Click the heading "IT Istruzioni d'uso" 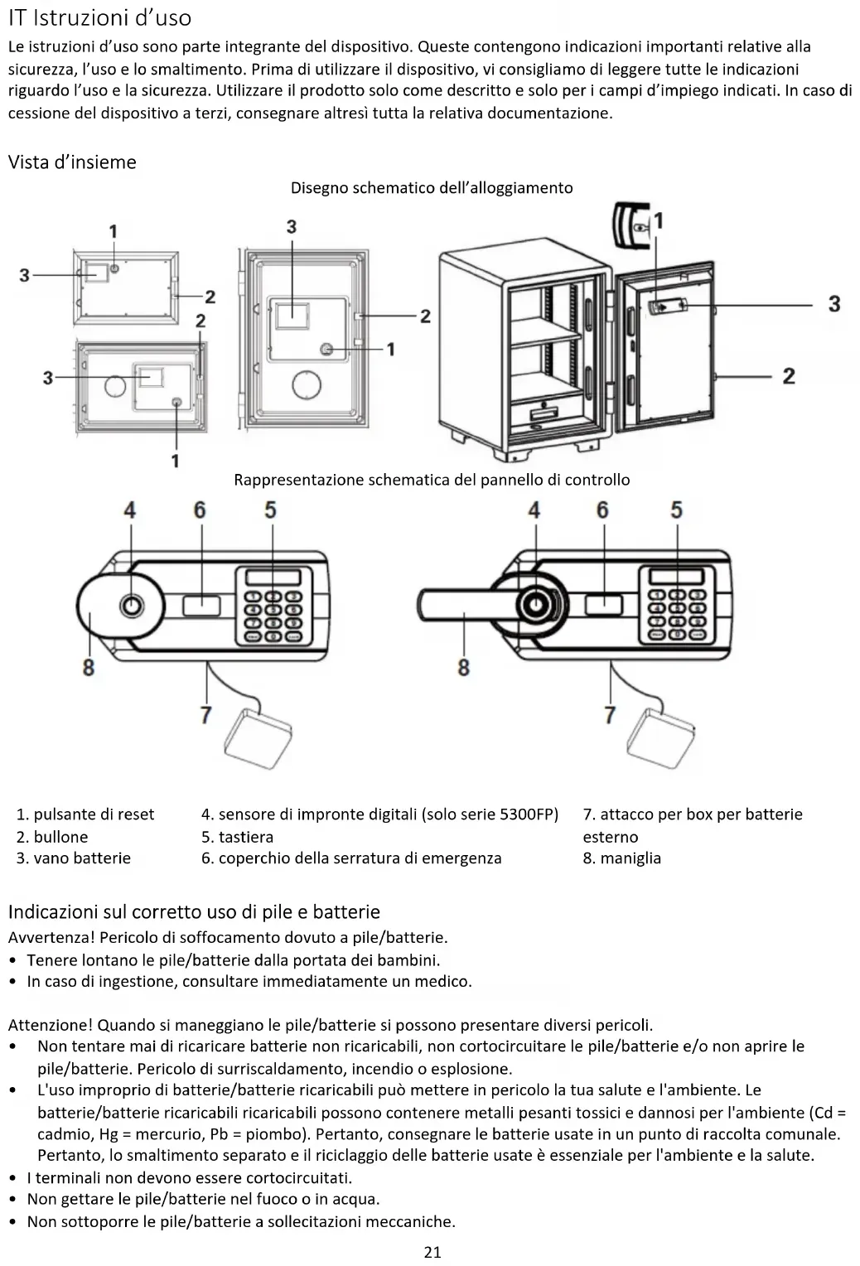99,17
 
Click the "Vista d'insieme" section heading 72,162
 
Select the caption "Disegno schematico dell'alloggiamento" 431,188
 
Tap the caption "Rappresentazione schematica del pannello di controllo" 431,480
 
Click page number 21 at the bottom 432,1252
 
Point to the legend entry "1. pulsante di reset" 85,814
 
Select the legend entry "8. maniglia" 621,858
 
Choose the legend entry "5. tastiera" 237,837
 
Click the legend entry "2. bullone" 52,837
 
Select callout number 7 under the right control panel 610,714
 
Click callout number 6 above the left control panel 200,510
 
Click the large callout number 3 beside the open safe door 833,304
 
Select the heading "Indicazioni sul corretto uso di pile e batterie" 194,912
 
